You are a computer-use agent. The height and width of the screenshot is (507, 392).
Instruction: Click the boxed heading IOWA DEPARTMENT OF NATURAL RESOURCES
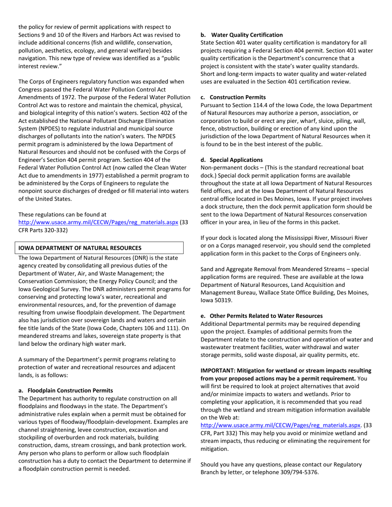(x=79, y=248)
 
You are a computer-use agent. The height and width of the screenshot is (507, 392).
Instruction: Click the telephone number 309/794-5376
(x=300, y=472)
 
